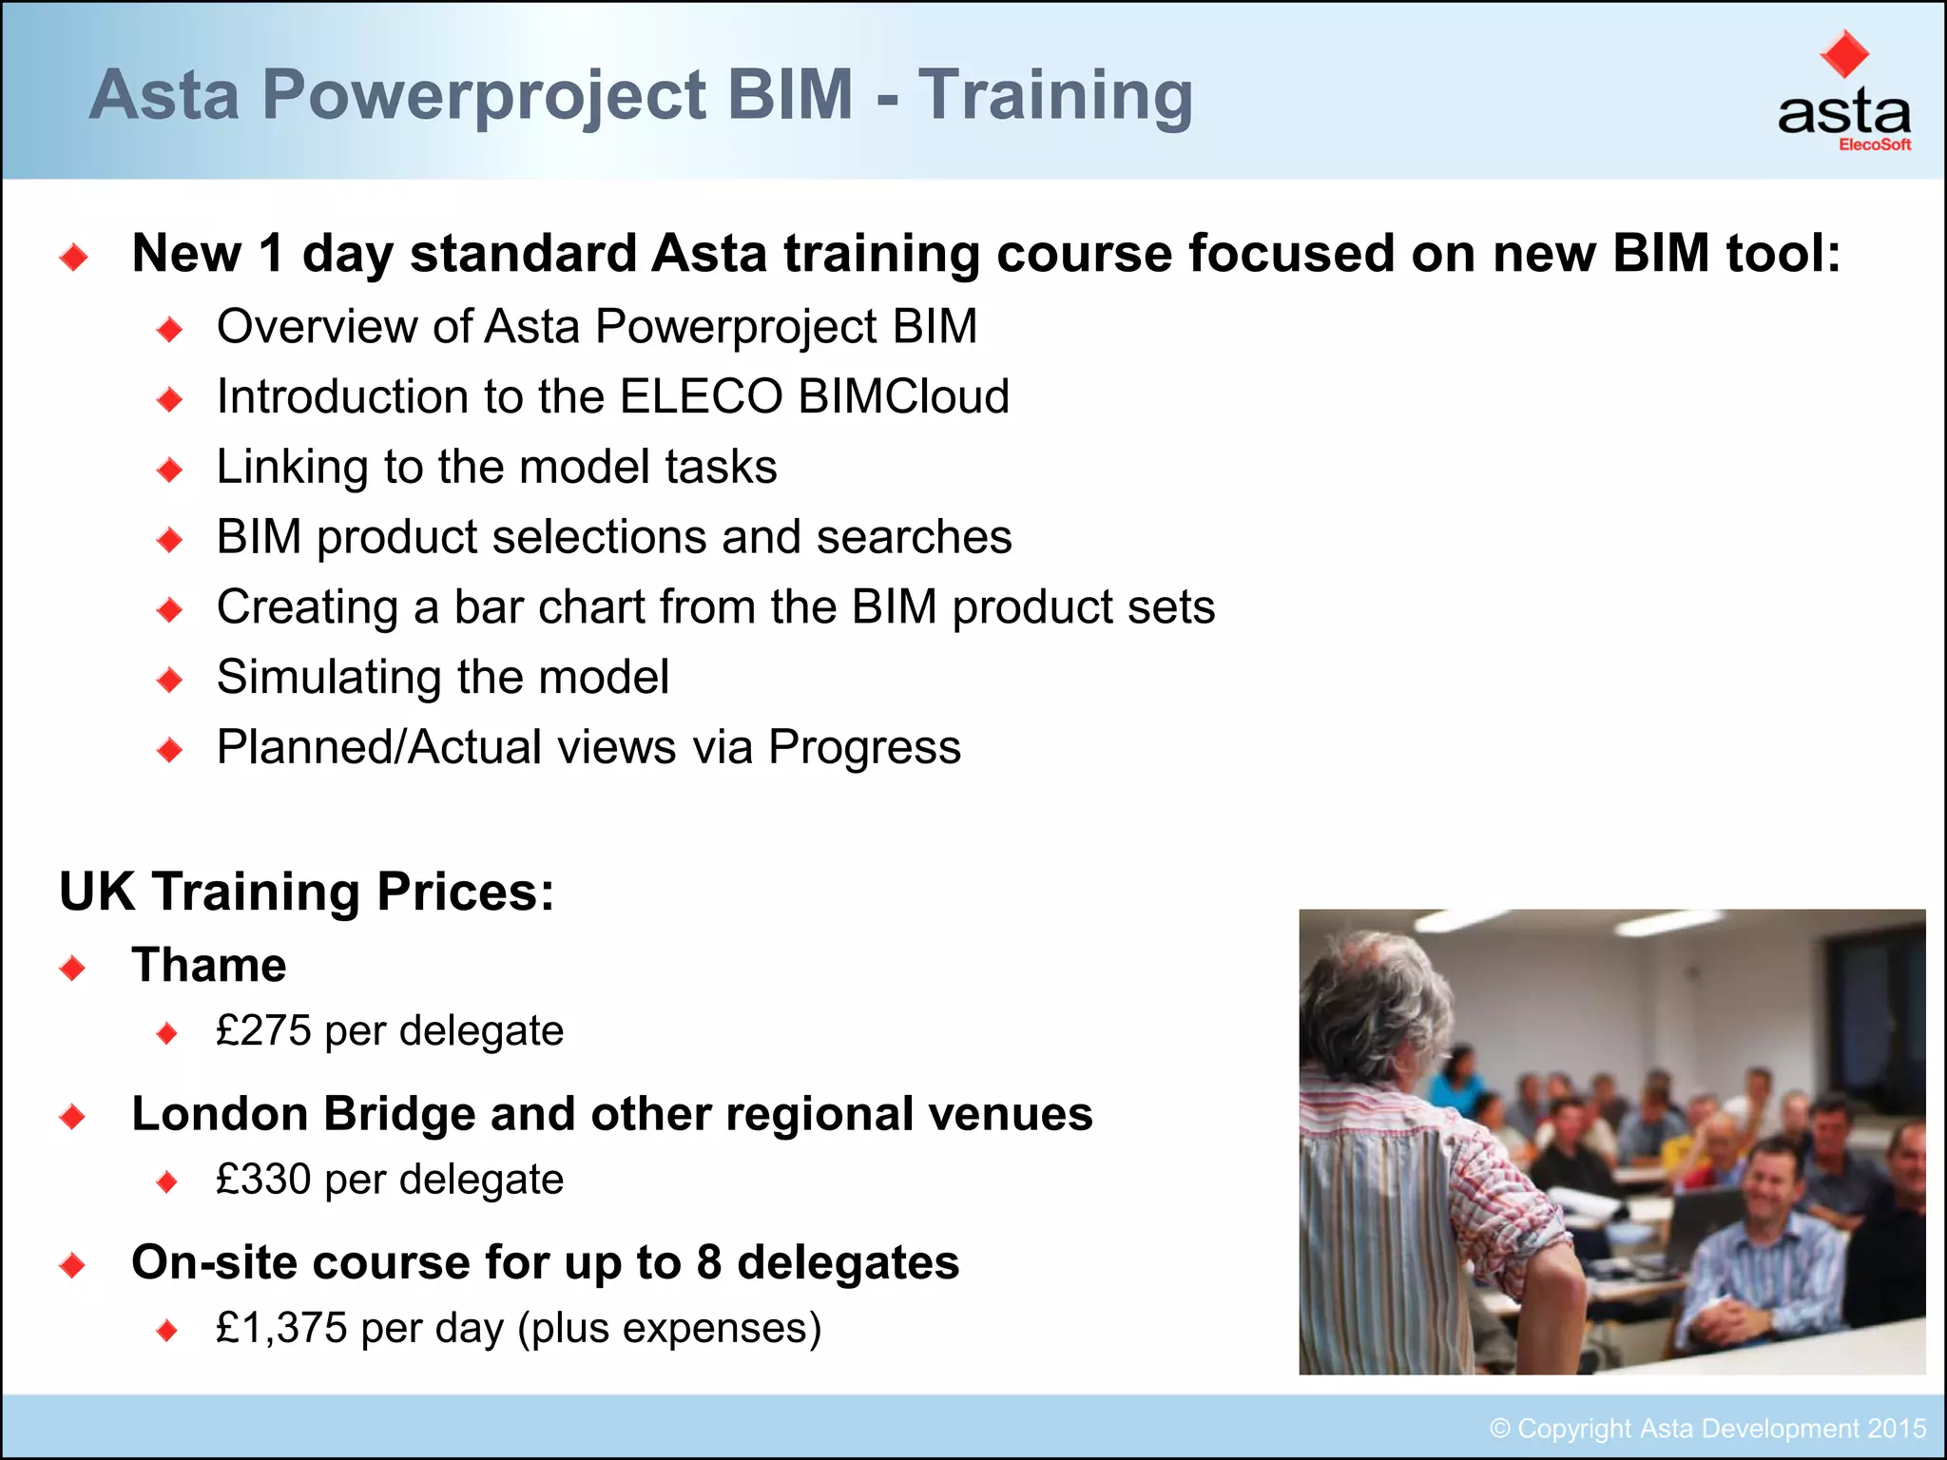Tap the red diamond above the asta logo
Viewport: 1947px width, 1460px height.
[x=1843, y=54]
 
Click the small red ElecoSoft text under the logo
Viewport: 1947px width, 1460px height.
[x=1874, y=145]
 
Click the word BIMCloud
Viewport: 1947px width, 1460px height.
[x=903, y=396]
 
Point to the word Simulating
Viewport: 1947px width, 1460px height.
[x=329, y=678]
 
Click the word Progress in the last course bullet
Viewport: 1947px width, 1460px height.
[x=864, y=747]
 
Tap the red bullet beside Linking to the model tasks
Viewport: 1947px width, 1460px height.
[x=170, y=470]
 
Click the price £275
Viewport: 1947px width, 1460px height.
[x=263, y=1030]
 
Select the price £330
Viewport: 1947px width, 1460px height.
[x=263, y=1180]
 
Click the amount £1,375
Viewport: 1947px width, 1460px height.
[x=281, y=1328]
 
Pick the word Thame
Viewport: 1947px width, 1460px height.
[x=209, y=966]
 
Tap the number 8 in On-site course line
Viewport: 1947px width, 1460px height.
[x=708, y=1262]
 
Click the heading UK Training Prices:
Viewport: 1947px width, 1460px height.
[x=306, y=892]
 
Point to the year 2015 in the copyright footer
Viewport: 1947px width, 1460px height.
[x=1897, y=1429]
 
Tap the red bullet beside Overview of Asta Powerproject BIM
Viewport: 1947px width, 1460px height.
[x=170, y=330]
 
